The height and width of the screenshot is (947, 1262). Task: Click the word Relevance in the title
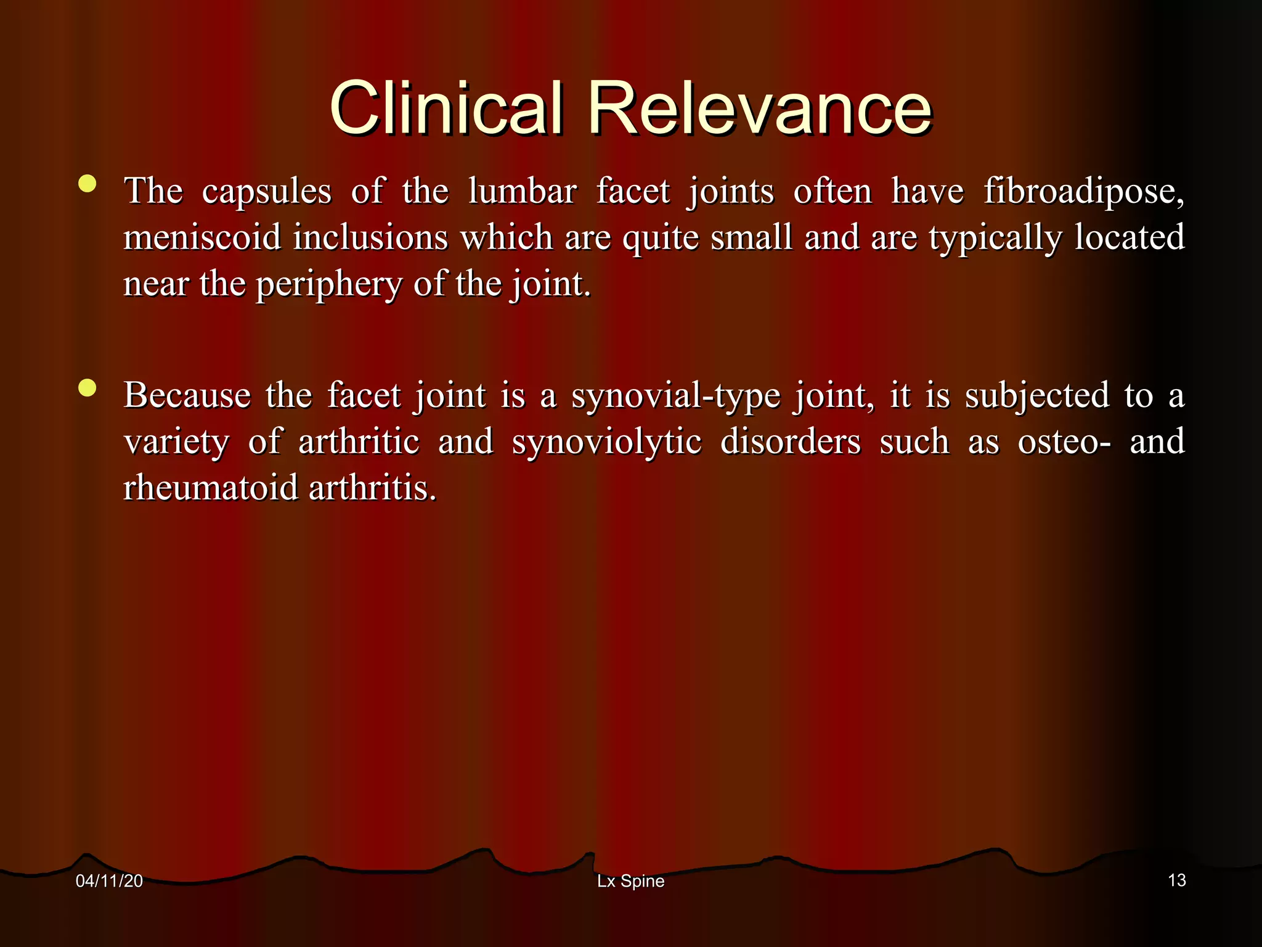[760, 109]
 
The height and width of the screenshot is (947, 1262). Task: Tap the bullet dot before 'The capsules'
[88, 184]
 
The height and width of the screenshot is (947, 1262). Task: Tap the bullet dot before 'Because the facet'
[88, 388]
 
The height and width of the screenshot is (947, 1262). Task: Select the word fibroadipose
[1083, 191]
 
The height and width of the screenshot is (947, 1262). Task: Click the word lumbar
[522, 191]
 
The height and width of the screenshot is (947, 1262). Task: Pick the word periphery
[328, 285]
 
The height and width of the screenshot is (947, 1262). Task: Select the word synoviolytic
[606, 442]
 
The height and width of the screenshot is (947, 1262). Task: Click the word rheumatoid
[211, 488]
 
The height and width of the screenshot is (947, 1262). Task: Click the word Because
[187, 395]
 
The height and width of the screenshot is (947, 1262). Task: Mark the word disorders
[790, 442]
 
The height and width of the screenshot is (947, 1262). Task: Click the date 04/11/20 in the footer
[109, 881]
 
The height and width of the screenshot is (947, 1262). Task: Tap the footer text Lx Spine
[630, 881]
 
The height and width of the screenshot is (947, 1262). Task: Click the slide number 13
[1176, 880]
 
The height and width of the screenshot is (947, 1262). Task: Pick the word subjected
[1036, 396]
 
